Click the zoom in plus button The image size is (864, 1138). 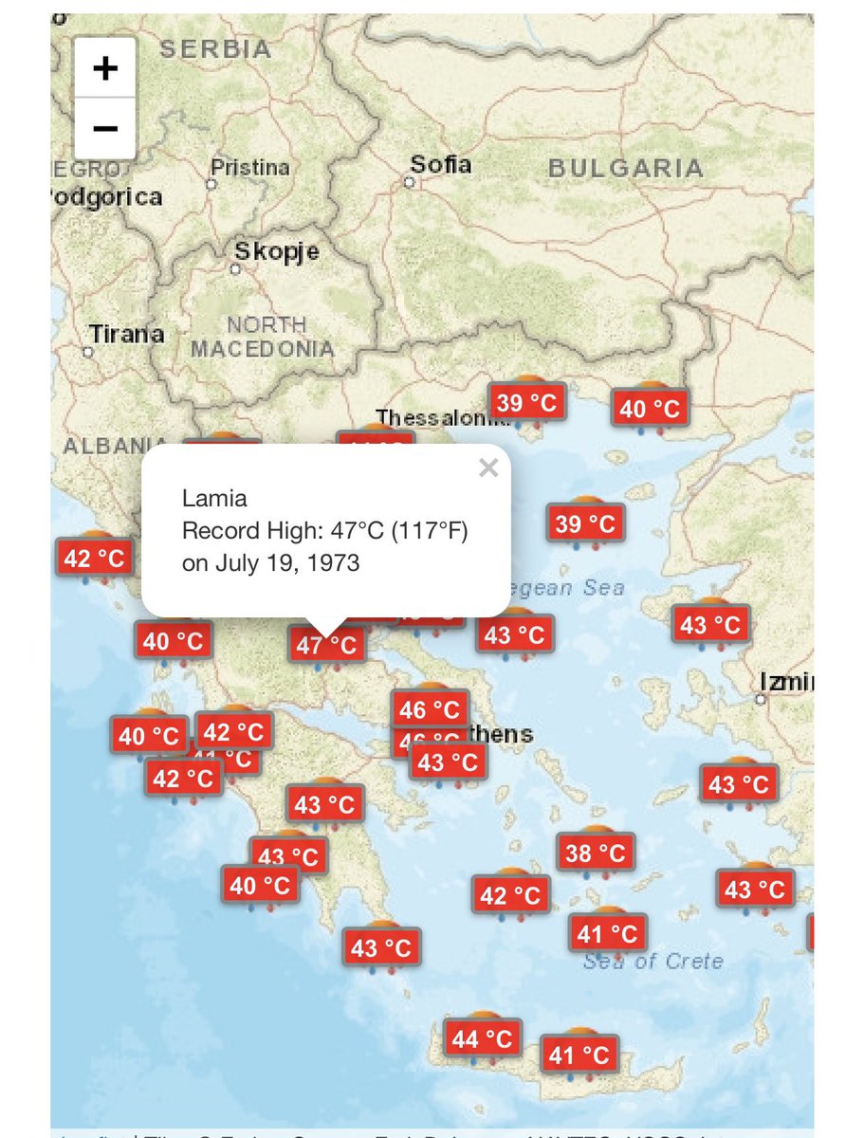tap(105, 68)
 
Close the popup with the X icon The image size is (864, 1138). tap(488, 468)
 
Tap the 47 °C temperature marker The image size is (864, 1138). tap(326, 646)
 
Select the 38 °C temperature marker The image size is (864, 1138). tap(595, 853)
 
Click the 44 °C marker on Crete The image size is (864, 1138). tap(484, 1038)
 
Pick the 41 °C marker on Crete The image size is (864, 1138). tap(579, 1054)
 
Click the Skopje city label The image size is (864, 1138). tap(276, 252)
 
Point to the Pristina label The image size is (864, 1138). tap(249, 168)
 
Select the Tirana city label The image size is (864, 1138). tap(126, 334)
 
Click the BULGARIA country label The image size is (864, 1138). tap(626, 170)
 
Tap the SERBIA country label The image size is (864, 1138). tap(215, 49)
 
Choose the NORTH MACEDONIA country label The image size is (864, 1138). tap(263, 337)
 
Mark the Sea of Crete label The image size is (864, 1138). tap(653, 962)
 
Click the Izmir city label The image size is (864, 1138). tap(786, 682)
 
